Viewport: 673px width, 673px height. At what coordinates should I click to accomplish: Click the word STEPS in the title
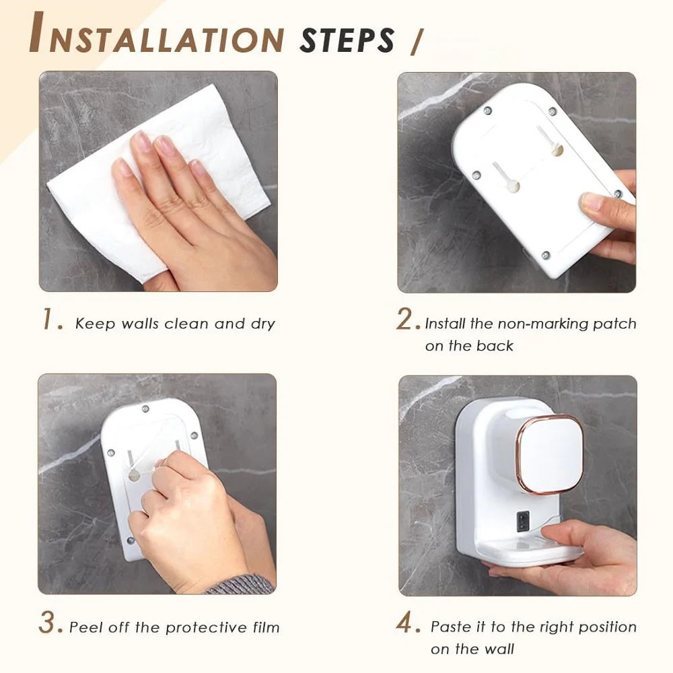(x=347, y=40)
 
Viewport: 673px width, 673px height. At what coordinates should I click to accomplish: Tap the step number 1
(x=52, y=320)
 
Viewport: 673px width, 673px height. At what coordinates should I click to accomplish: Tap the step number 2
(x=407, y=320)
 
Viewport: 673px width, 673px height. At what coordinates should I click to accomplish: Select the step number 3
(x=50, y=624)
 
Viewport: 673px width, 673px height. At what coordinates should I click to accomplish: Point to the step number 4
(x=408, y=624)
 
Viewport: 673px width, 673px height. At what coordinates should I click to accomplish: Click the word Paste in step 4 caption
(x=451, y=627)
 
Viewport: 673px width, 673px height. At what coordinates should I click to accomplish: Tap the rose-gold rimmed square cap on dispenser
(x=551, y=455)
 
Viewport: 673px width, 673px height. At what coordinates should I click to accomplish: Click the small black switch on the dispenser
(x=524, y=519)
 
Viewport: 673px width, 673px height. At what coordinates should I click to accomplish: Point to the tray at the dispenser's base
(x=532, y=552)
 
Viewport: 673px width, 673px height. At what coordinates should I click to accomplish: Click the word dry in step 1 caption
(x=262, y=324)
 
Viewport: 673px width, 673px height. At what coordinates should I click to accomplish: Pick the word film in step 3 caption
(x=263, y=627)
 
